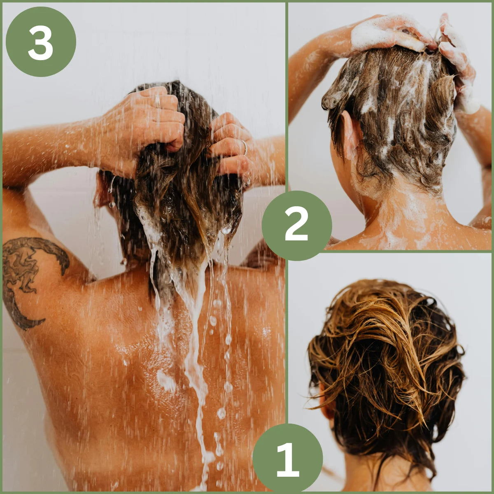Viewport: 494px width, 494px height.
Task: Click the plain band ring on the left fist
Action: pyautogui.click(x=157, y=102)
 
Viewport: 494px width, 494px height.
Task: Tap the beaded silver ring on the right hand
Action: pyautogui.click(x=245, y=147)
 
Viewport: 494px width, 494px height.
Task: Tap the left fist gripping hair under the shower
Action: pyautogui.click(x=151, y=121)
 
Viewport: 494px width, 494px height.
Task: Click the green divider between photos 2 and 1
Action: pyautogui.click(x=390, y=252)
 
